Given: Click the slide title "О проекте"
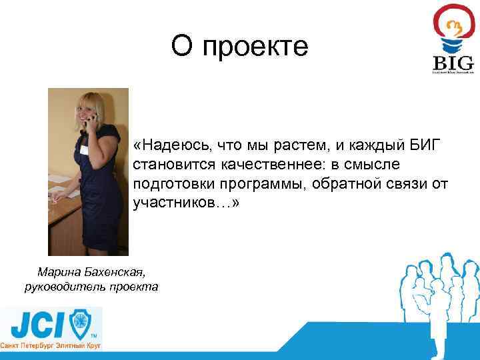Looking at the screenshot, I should (239, 47).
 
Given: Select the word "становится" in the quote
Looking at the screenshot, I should (168, 164).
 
